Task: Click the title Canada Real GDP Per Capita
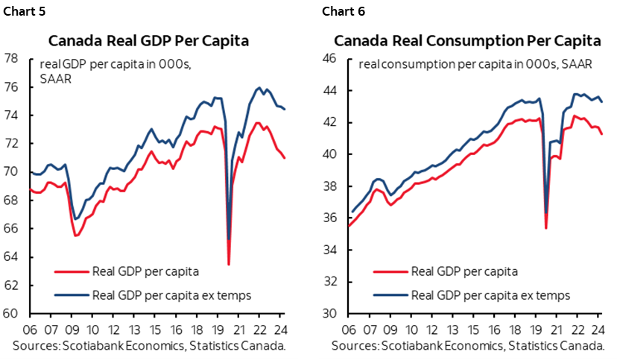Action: click(x=149, y=40)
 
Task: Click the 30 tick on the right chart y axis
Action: click(x=330, y=314)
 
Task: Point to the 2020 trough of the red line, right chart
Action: click(x=546, y=227)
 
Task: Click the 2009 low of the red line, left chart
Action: click(x=75, y=236)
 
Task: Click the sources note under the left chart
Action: click(x=148, y=347)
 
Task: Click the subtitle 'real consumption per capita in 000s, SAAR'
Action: click(x=475, y=64)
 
